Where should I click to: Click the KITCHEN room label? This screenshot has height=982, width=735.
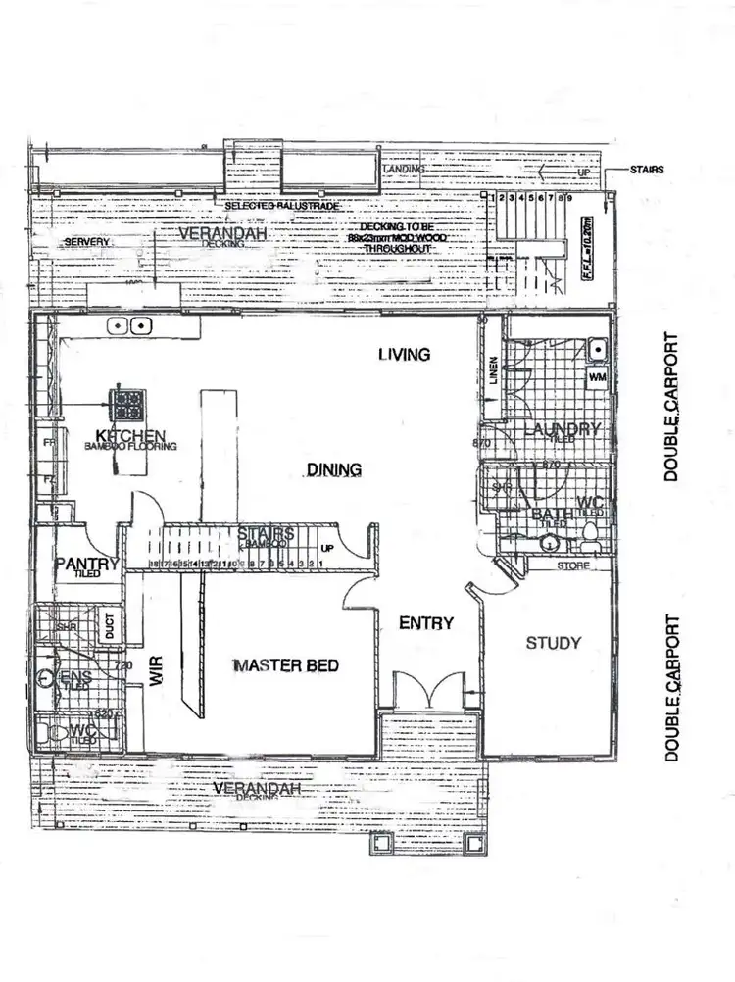[129, 435]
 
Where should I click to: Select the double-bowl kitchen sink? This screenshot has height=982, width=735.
[129, 325]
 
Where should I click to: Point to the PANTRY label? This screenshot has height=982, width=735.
[86, 564]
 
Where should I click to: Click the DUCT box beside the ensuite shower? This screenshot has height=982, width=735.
[109, 626]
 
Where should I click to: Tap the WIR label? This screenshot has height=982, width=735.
[155, 669]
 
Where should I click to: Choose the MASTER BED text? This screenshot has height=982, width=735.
[286, 666]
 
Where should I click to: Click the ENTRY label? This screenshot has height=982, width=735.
[426, 623]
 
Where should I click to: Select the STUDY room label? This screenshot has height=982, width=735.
[553, 643]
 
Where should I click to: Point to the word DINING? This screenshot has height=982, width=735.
[334, 470]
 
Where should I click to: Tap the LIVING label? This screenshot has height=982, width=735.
[405, 354]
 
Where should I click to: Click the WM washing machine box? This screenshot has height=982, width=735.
[597, 376]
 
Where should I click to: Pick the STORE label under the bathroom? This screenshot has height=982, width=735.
[572, 565]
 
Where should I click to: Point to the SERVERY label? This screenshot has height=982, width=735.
[85, 242]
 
